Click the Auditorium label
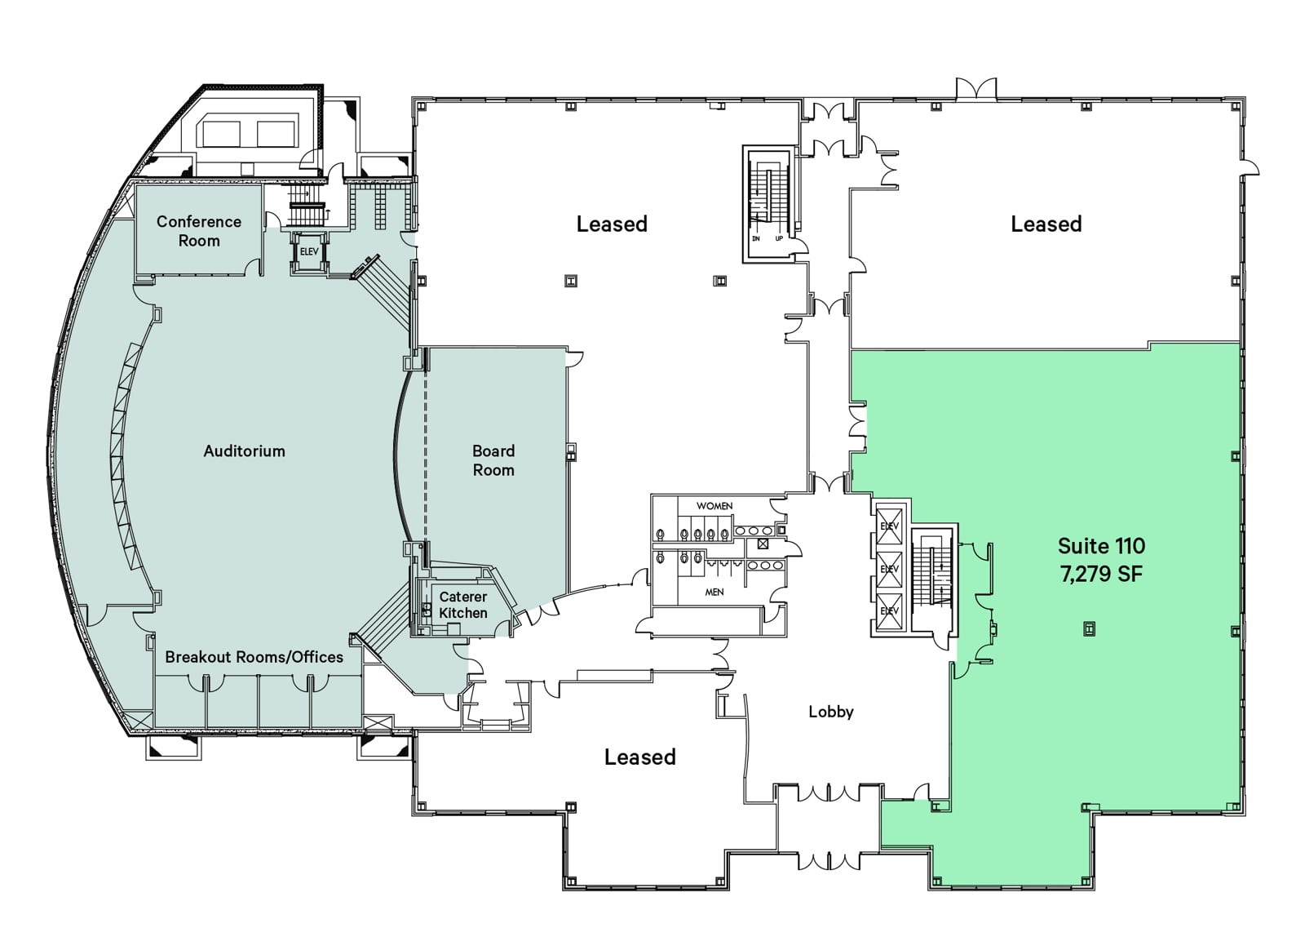(244, 451)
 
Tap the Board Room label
(493, 460)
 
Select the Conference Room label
(199, 231)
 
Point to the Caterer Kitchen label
(462, 605)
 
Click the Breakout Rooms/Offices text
(254, 657)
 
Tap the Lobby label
(830, 712)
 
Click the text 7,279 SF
(1100, 574)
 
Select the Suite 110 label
(1101, 546)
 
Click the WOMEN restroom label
(714, 506)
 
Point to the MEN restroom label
(714, 592)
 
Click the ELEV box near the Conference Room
(308, 252)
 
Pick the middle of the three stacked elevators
(888, 569)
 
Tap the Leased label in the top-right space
(1046, 224)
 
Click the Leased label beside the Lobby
(639, 757)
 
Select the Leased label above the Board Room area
(612, 224)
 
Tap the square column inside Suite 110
(1088, 628)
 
